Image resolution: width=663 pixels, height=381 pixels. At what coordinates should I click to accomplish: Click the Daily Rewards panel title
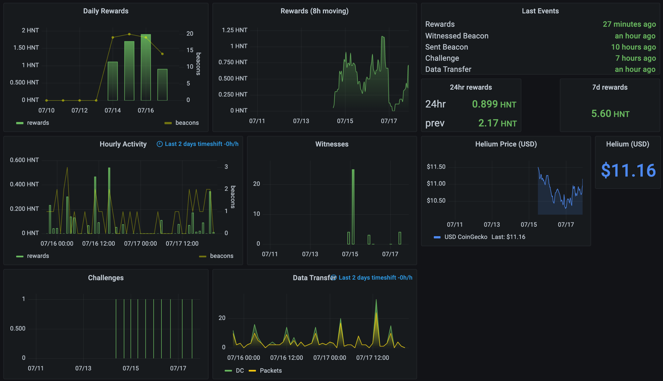point(106,11)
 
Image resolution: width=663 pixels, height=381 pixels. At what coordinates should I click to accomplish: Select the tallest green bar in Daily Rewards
point(146,67)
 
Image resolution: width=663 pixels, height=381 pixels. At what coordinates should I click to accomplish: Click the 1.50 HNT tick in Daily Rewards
point(26,48)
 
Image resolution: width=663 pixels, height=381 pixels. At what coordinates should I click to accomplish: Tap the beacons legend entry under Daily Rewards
point(187,123)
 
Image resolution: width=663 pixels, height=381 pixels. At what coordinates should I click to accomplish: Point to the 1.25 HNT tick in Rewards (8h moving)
point(234,30)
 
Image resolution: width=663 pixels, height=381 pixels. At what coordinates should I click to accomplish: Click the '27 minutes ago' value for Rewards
point(629,24)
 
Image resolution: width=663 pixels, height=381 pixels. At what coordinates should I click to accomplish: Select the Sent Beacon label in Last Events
point(446,47)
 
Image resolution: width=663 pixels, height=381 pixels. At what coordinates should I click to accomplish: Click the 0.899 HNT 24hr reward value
point(494,104)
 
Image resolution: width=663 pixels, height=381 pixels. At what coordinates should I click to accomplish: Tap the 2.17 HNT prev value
point(497,123)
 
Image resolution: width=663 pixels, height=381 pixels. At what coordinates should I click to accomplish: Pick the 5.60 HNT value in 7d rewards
point(610,114)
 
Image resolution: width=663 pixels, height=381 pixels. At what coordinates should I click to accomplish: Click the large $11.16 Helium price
point(628,170)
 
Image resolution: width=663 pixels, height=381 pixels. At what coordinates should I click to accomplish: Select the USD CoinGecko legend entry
point(466,237)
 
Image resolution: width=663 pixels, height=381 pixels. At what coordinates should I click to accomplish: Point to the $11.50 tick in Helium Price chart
point(436,167)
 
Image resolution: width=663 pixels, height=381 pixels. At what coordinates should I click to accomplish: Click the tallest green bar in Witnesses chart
point(353,206)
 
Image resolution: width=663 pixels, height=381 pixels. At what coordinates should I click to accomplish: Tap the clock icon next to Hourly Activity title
point(159,144)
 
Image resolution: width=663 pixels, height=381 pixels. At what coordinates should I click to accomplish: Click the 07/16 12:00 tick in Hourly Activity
point(98,244)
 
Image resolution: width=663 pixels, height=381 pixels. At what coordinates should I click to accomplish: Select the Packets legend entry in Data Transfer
point(270,371)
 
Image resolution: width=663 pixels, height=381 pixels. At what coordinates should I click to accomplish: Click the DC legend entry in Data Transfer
point(239,371)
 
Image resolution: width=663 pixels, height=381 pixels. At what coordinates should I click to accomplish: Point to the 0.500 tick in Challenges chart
point(18,329)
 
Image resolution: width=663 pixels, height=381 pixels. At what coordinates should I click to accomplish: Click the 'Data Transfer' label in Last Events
point(448,69)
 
